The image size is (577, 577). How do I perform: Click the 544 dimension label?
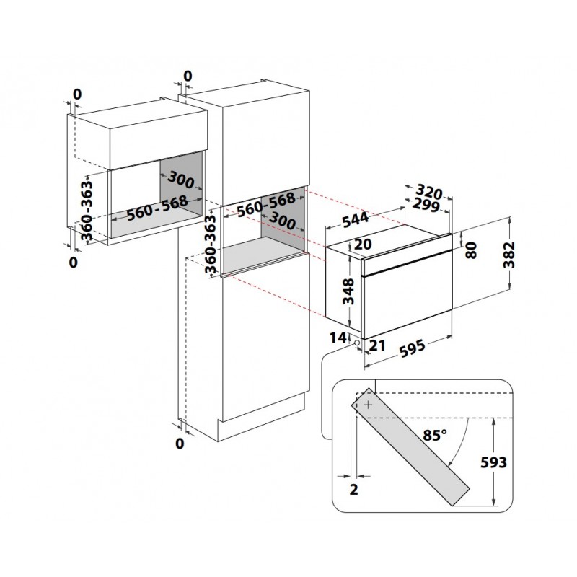click(x=355, y=219)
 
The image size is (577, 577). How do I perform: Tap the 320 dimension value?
click(x=429, y=192)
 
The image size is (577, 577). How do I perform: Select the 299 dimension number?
click(x=426, y=205)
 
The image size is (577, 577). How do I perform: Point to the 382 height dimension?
click(x=509, y=255)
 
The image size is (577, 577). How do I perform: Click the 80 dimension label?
click(x=471, y=250)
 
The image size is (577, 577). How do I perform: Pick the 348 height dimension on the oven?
click(x=348, y=291)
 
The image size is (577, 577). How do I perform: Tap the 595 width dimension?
click(x=412, y=348)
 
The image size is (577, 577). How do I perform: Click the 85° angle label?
click(x=435, y=435)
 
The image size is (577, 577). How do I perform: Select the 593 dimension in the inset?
click(x=493, y=462)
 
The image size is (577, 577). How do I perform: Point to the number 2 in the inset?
click(x=353, y=490)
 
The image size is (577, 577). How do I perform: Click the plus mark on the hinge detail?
click(x=369, y=405)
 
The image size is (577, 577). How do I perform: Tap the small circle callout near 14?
click(x=356, y=343)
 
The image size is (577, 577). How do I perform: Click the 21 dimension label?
click(x=377, y=345)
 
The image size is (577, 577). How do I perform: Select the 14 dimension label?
click(x=338, y=338)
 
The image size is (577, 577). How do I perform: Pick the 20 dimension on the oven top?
click(x=363, y=244)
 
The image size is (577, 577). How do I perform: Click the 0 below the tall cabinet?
click(x=180, y=444)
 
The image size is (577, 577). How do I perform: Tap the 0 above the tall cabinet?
click(x=188, y=76)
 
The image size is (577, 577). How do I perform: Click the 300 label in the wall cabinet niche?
click(x=181, y=180)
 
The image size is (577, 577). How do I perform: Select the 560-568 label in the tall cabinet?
click(x=265, y=205)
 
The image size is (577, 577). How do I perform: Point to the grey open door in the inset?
click(x=410, y=447)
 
